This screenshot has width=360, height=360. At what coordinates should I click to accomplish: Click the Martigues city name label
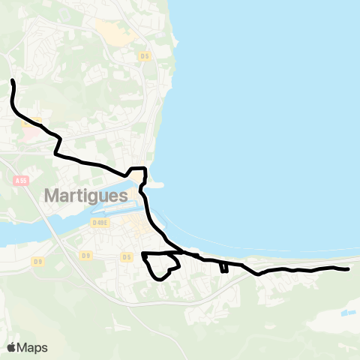point(86,195)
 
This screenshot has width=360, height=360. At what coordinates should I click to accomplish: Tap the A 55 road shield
point(20,181)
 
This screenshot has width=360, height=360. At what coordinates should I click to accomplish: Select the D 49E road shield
point(100,222)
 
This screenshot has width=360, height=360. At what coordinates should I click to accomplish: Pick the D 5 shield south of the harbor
point(126,256)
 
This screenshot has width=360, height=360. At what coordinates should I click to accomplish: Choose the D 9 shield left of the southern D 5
point(87,256)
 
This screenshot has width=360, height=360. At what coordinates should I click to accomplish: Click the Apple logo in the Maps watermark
point(11,347)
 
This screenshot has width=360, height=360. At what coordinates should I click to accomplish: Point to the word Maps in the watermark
point(32,347)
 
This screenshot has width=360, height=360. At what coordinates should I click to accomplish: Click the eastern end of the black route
point(349,268)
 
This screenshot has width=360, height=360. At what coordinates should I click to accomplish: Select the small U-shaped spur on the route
point(224,268)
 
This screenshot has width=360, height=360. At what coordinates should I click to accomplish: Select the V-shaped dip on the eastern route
point(258,273)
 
